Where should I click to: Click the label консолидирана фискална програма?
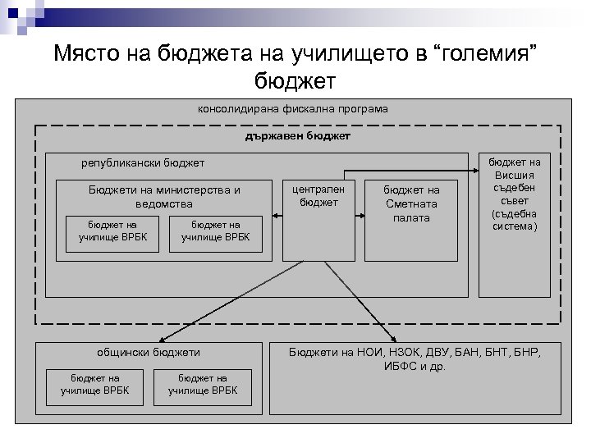(x=293, y=108)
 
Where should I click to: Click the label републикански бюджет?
(x=143, y=163)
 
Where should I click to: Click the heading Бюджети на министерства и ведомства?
(x=165, y=196)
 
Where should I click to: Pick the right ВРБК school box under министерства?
(x=215, y=231)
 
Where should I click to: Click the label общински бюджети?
(x=149, y=352)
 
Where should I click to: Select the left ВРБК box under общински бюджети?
(x=95, y=383)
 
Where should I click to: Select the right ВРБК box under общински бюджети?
(x=203, y=383)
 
